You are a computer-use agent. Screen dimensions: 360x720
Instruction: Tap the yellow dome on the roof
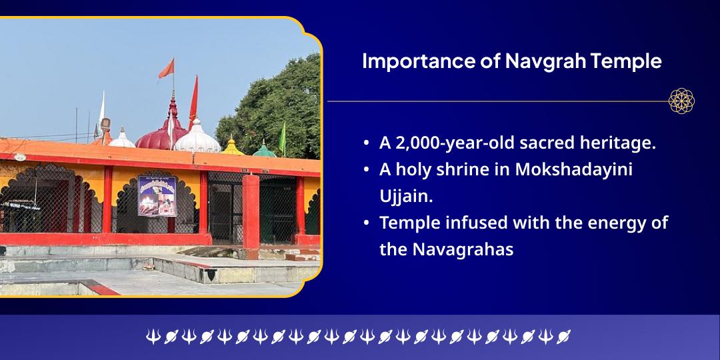coord(233,147)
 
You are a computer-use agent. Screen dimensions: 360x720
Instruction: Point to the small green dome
coord(264,149)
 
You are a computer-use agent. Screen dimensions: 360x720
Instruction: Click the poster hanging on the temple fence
coord(157,196)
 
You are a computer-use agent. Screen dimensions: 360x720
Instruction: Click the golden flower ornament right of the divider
coord(681,101)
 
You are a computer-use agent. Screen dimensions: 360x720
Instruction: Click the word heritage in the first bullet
coord(619,143)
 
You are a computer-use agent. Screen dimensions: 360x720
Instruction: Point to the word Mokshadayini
coord(573,169)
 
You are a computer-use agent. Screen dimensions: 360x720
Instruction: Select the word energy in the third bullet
coord(607,223)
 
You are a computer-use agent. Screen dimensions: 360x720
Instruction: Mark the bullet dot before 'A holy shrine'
coord(367,170)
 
